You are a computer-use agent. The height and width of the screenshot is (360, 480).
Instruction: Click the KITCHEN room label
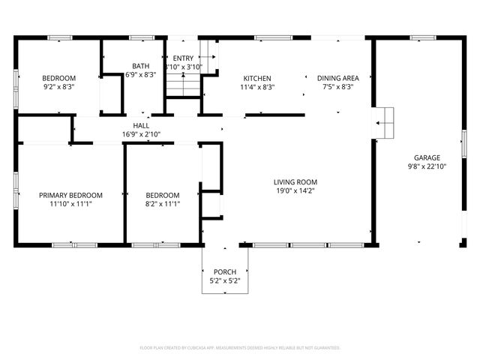tap(257, 78)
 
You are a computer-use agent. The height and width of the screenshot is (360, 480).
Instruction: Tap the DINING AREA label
tap(337, 78)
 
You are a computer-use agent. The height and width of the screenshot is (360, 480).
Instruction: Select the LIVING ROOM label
tap(295, 181)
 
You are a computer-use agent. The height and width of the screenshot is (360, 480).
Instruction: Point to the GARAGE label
tap(427, 157)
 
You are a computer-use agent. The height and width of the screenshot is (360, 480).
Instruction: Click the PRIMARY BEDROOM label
tap(70, 195)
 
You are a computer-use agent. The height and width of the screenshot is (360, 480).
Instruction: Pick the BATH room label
tap(140, 66)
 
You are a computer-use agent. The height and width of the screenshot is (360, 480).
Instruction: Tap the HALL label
tap(142, 126)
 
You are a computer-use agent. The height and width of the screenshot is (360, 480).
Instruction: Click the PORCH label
tap(225, 271)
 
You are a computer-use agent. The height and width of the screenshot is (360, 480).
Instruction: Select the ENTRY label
tap(183, 58)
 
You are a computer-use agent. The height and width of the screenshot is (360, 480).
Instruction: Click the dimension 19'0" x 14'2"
tap(295, 190)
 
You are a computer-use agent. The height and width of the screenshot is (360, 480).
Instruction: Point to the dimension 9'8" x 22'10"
tap(427, 166)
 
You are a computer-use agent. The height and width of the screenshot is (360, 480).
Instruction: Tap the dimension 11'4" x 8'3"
tap(257, 87)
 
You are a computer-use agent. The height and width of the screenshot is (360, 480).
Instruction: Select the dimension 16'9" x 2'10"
tap(142, 135)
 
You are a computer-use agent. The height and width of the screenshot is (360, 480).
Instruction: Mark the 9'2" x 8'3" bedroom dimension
tap(58, 87)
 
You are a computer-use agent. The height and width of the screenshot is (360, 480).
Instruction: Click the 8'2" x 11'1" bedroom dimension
tap(163, 204)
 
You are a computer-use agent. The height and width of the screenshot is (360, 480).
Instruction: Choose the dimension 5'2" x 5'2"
tap(225, 280)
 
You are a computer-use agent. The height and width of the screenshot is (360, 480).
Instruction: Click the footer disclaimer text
tap(240, 348)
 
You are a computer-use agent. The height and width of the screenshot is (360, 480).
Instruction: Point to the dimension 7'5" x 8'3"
tap(337, 87)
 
